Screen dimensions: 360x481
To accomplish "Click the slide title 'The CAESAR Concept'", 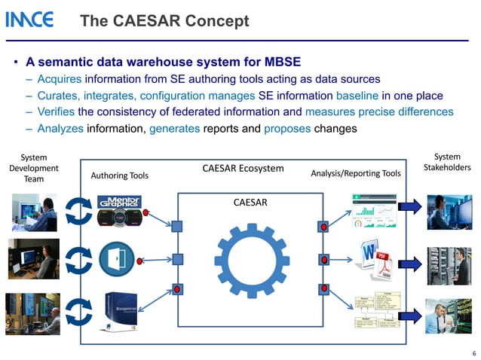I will click(x=164, y=21).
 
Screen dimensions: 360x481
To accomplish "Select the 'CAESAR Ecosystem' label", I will click(x=243, y=168).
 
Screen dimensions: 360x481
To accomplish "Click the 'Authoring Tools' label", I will click(x=119, y=175).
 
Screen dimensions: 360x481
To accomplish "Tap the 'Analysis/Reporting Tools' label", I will click(x=355, y=174).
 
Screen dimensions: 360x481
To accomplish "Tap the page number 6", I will click(x=473, y=352).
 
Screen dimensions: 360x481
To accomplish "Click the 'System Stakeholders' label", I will click(x=447, y=162).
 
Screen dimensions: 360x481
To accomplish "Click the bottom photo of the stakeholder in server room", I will click(x=447, y=315).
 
